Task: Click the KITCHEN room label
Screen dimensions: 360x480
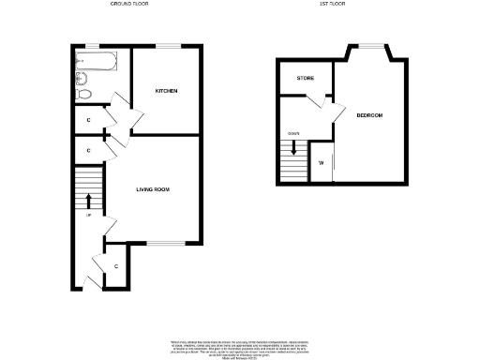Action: tap(167, 90)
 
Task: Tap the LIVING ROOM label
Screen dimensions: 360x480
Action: tap(153, 190)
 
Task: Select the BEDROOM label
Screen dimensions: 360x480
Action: tap(369, 115)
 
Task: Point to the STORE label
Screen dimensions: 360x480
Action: tap(306, 79)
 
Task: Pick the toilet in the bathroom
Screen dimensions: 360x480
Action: tap(83, 94)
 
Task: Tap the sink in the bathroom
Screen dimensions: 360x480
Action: tap(81, 78)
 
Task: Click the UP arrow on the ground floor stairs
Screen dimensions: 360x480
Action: tap(89, 200)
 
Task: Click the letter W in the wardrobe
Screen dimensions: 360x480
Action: tap(321, 165)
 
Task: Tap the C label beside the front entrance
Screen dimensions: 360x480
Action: tap(116, 266)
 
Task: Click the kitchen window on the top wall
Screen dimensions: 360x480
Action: tap(168, 45)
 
